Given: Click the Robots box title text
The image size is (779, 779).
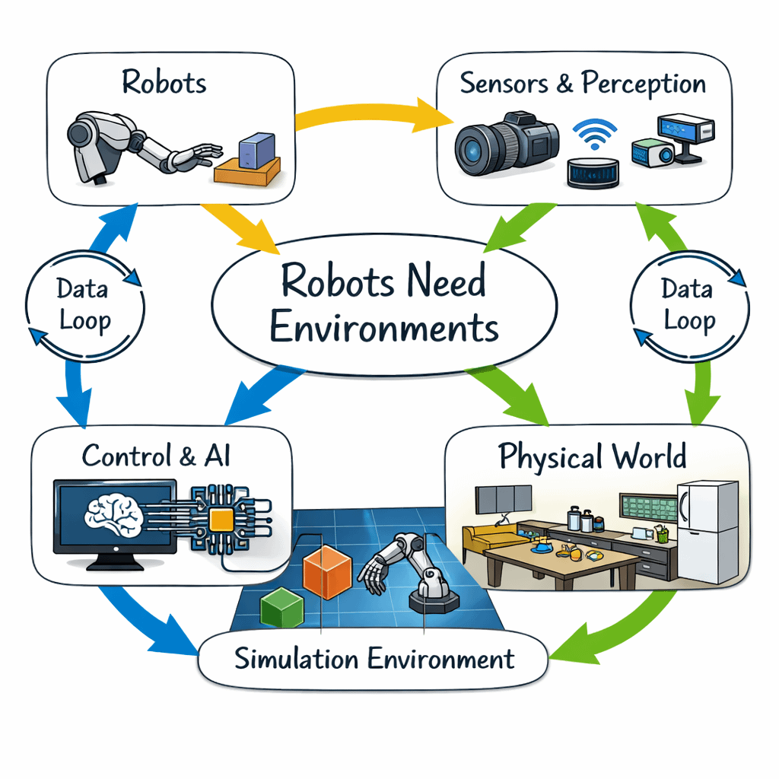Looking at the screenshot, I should click(164, 82).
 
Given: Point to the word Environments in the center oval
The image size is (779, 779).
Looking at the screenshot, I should click(384, 328).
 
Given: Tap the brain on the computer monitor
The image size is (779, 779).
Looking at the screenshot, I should click(114, 513).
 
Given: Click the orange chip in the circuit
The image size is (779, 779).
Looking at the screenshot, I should click(221, 520).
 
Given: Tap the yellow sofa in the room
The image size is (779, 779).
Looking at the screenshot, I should click(488, 541).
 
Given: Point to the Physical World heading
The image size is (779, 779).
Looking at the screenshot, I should click(593, 456).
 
